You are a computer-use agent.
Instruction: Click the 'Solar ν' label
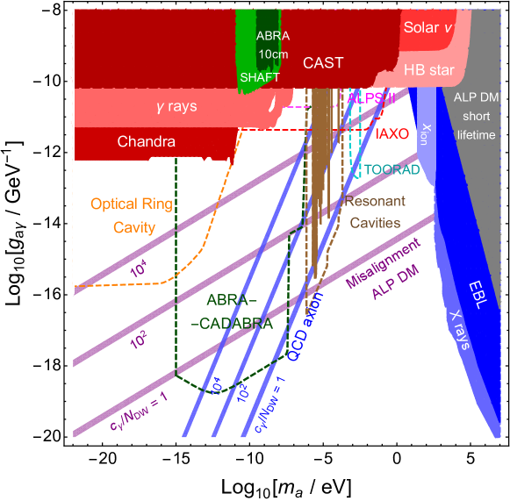(x=428, y=28)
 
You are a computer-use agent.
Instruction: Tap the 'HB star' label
(x=428, y=70)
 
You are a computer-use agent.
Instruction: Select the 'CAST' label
(x=324, y=62)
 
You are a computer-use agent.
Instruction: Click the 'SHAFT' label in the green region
(x=260, y=77)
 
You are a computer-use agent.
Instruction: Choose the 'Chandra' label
(x=147, y=141)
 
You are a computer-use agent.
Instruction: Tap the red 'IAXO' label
(x=392, y=134)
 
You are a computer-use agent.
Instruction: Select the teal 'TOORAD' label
(x=391, y=168)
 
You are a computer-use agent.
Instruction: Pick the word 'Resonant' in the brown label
(x=375, y=201)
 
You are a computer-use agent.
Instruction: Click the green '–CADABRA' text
(x=234, y=323)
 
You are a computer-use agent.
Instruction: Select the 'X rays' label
(x=459, y=330)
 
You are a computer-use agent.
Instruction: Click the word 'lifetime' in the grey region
(x=476, y=135)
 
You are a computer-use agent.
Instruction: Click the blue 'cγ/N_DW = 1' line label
(x=271, y=406)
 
